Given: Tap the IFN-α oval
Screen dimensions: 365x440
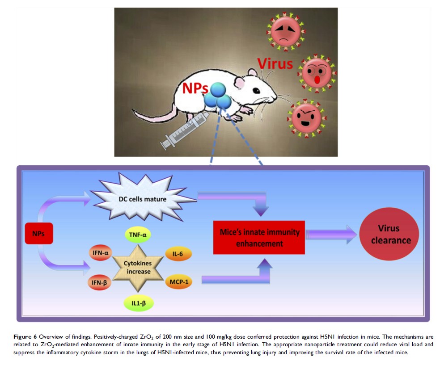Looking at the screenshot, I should pyautogui.click(x=101, y=253).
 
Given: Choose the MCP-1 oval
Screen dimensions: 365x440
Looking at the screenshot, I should pyautogui.click(x=178, y=282).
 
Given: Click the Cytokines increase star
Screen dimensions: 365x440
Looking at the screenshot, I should pyautogui.click(x=138, y=267).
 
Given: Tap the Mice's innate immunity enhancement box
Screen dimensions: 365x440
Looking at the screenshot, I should pyautogui.click(x=259, y=238).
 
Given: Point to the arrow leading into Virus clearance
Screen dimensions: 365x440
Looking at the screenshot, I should pyautogui.click(x=331, y=234).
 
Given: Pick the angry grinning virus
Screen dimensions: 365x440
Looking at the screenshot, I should pyautogui.click(x=306, y=117).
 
